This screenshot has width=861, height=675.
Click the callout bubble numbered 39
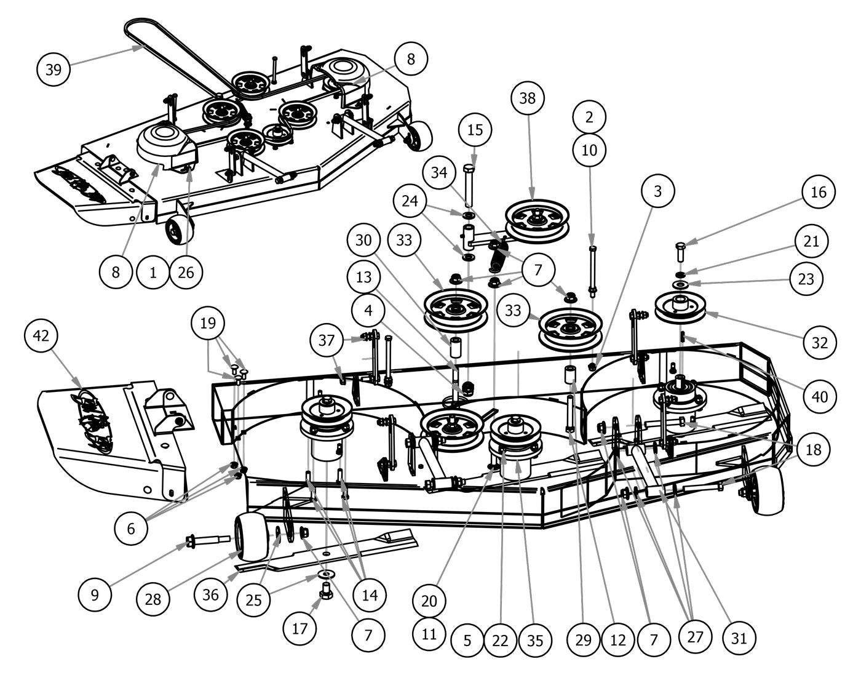point(54,70)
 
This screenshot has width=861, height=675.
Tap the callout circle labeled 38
point(531,98)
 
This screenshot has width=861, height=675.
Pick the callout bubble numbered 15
point(475,130)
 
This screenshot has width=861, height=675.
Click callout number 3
point(658,191)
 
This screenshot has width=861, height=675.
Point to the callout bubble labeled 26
point(186,271)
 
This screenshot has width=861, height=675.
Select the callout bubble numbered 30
point(363,240)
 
